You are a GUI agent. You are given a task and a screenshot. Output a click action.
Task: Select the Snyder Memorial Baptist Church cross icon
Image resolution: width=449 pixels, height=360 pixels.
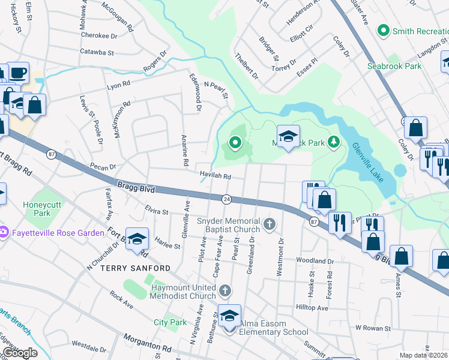click(x=270, y=226)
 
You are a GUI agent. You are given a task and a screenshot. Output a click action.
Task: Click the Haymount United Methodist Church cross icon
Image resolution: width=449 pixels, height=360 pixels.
click(x=225, y=291)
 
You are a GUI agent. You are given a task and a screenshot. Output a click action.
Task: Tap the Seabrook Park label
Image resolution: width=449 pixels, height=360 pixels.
click(x=395, y=66)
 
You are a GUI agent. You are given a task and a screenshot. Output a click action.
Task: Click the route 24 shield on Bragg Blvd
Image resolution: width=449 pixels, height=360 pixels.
click(x=226, y=199)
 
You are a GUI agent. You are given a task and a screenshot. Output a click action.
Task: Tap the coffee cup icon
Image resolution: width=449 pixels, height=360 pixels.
click(x=18, y=73)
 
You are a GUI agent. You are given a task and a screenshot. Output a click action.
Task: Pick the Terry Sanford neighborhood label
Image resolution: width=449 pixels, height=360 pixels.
click(x=127, y=268)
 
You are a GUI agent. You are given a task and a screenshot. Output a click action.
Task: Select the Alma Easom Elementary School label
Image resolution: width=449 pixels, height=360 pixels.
click(x=273, y=332)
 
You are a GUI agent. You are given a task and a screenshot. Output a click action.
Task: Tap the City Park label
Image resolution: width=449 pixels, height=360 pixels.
click(x=170, y=322)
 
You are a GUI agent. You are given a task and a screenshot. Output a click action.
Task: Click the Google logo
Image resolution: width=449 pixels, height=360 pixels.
click(x=20, y=353)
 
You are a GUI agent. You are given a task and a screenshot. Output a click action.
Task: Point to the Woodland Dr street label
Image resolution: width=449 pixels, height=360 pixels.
click(x=315, y=261)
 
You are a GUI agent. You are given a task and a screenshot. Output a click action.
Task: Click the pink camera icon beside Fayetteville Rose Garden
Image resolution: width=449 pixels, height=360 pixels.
click(x=3, y=232)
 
